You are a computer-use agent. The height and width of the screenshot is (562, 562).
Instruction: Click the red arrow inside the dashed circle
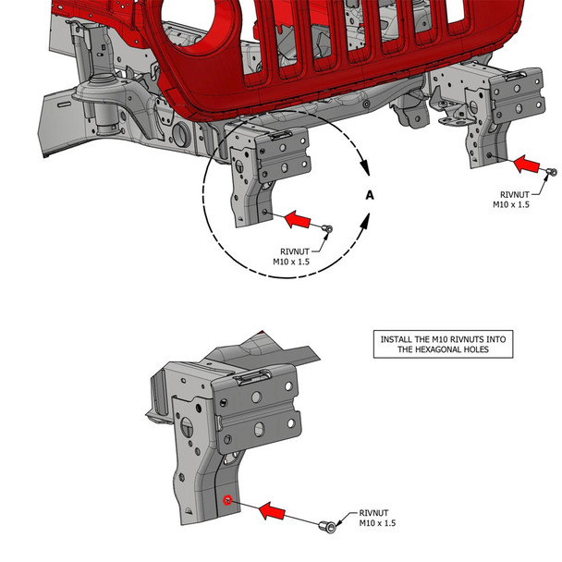297,220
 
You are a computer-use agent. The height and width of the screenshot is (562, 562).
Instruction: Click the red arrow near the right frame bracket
527,165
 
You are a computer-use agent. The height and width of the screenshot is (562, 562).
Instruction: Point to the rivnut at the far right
552,173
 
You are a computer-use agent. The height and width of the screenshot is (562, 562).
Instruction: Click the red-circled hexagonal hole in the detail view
227,501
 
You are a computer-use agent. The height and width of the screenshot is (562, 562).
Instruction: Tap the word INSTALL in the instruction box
397,340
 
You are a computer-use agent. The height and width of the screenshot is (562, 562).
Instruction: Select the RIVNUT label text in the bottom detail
373,512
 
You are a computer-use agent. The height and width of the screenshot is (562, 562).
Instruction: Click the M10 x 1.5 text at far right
511,205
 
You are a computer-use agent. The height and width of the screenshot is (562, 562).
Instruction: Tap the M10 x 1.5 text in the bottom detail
377,523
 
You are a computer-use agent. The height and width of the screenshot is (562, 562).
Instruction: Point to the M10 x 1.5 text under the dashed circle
291,263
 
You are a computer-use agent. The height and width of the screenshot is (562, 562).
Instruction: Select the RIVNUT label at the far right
511,194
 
